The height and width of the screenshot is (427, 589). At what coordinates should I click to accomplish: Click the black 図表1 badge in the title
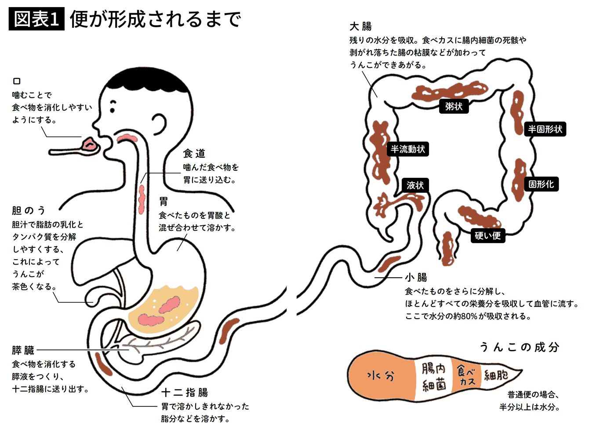[36, 19]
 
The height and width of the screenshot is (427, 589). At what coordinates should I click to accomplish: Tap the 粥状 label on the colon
[453, 106]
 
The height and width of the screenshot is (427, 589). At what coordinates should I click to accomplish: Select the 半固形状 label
[545, 129]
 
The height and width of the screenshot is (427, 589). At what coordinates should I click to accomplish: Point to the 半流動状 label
[408, 149]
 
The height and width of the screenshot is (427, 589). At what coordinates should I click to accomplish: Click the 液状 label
[415, 185]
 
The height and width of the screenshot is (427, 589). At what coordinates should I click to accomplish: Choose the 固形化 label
[541, 184]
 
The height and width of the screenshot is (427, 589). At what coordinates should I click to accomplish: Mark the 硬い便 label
[487, 236]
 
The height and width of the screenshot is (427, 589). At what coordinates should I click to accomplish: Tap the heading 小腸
[416, 277]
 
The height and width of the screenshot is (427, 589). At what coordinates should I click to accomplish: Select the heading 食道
[194, 153]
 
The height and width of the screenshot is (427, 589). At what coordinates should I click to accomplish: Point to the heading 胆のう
[29, 210]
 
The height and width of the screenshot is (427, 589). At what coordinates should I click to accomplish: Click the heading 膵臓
[23, 350]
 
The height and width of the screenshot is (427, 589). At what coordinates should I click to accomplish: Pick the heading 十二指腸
[185, 392]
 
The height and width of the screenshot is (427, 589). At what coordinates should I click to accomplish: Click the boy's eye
[113, 104]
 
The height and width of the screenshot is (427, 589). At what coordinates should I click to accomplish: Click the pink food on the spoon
[91, 144]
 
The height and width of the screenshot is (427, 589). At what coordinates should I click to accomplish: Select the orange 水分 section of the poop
[381, 376]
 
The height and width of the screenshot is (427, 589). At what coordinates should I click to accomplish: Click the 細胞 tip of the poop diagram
[497, 375]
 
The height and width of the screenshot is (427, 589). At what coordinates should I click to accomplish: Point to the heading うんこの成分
[519, 347]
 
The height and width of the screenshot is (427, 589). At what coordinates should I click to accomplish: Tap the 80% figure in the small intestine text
[469, 316]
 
